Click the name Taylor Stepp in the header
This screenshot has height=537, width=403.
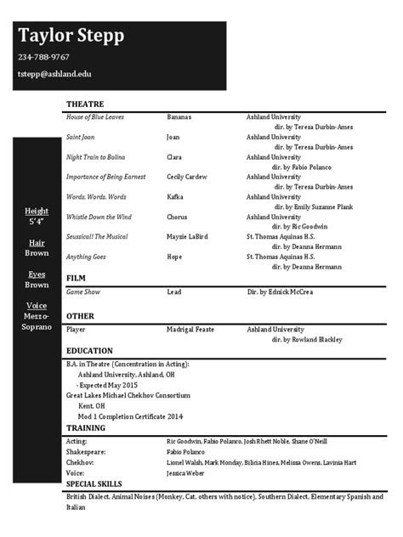pos(71,36)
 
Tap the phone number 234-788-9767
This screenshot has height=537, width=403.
pos(43,58)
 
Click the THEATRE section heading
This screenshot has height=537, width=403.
pos(85,104)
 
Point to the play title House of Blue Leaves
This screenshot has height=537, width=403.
pos(95,116)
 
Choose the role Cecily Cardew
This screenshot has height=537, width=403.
pos(188,177)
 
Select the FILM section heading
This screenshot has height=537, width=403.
pos(77,278)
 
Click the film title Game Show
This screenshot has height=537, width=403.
pos(83,291)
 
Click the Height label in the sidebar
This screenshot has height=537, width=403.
pos(37,211)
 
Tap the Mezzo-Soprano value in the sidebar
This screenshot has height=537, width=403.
pos(37,320)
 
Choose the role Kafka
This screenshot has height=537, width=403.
pos(176,197)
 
